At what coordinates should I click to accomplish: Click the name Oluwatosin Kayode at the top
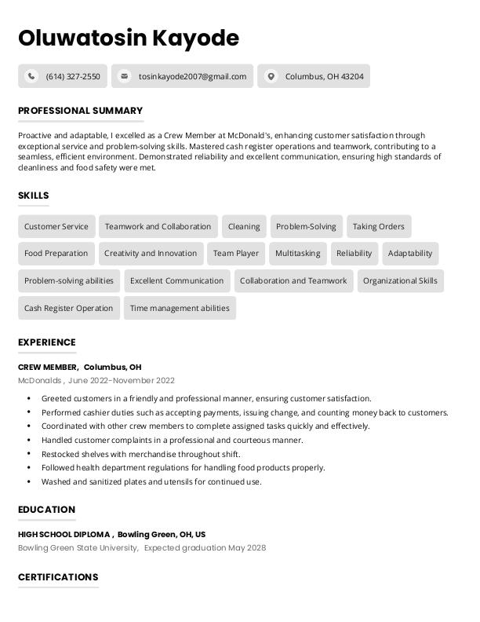point(129,38)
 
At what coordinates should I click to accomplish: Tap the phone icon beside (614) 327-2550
point(31,76)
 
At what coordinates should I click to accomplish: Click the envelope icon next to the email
point(124,76)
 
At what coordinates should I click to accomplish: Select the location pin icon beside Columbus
point(271,76)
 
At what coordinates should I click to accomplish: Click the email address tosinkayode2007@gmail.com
point(192,76)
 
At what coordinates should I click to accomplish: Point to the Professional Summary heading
point(80,111)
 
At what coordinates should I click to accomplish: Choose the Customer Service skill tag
point(56,227)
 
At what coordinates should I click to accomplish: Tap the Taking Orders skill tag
point(378,227)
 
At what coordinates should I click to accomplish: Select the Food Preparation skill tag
point(56,254)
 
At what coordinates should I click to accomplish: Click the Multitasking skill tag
point(297,254)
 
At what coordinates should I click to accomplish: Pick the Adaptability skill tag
point(409,254)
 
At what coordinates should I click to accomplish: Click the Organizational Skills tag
point(400,280)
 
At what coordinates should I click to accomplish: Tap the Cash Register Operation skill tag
point(69,308)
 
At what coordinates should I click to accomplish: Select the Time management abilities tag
point(180,308)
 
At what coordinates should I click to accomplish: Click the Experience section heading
point(47,342)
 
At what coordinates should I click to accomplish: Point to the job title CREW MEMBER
point(47,367)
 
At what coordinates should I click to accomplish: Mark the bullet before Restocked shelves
point(29,454)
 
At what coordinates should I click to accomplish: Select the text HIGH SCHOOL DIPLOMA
point(64,534)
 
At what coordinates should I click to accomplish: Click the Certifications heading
point(58,577)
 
